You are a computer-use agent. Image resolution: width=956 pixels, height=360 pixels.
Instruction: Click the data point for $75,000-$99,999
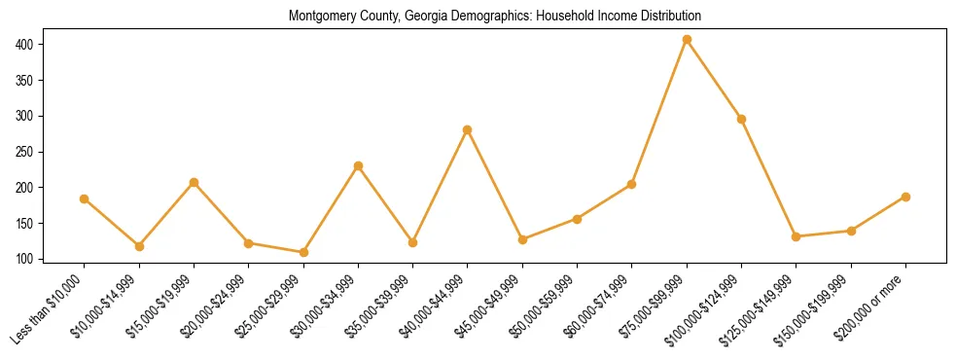coord(687,40)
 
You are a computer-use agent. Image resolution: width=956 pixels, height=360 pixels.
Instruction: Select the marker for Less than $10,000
coord(85,198)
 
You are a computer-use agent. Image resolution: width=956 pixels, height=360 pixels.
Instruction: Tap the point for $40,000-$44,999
coord(468,129)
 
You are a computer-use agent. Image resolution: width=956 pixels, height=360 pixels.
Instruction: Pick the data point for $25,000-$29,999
coord(303,252)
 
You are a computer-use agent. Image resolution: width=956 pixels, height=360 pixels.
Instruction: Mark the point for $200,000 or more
coord(905,197)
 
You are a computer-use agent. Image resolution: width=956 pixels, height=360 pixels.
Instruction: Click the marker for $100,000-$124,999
coord(741,119)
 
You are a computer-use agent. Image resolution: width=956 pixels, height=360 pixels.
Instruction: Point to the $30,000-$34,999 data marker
coord(358,165)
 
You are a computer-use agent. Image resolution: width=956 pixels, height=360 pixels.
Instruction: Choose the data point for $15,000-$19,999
coord(194,182)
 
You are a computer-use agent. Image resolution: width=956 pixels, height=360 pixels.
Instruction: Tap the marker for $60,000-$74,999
coord(632,184)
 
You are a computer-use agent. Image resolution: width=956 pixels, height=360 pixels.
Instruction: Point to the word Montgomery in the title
coord(321,17)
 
